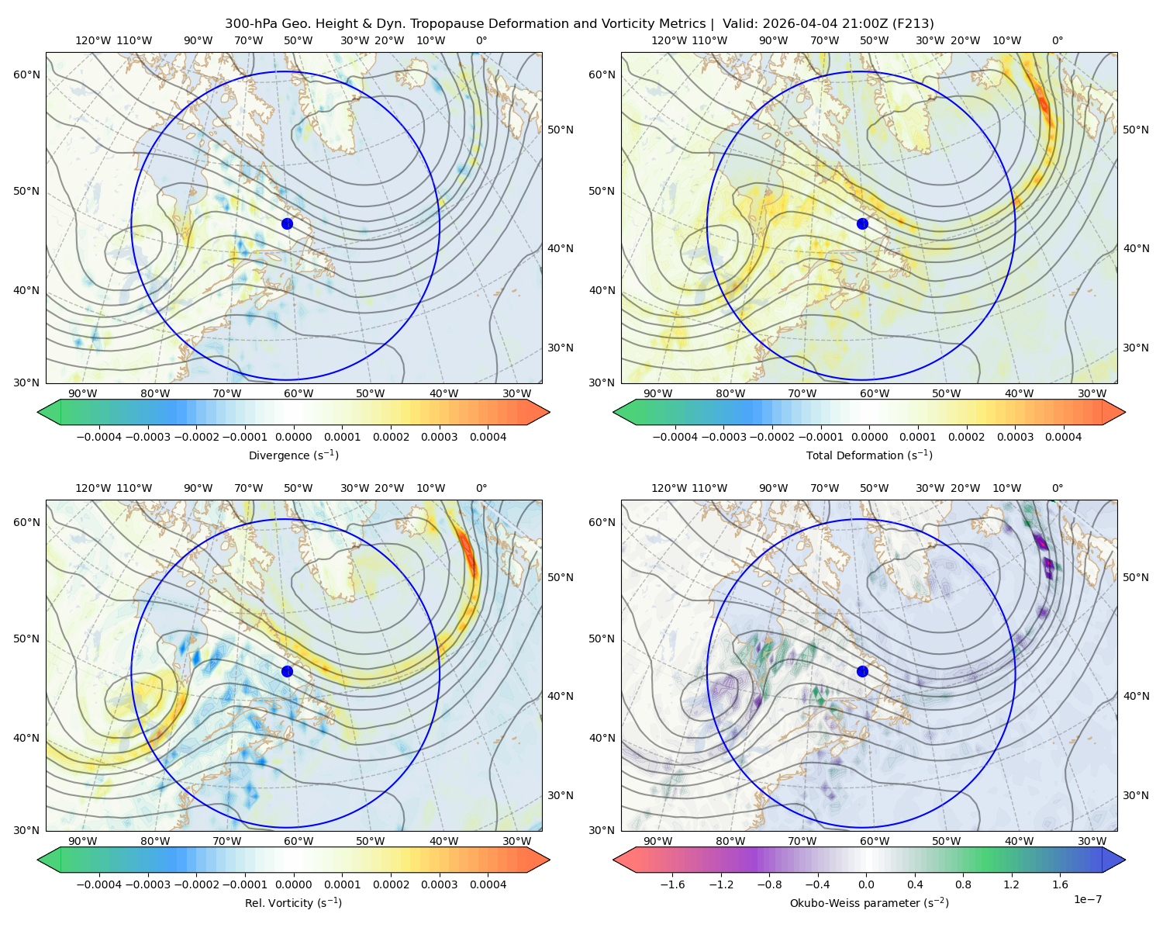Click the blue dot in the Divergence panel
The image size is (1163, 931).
287,223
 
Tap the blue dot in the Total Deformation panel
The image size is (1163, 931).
862,223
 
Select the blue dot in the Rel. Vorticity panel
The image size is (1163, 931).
287,671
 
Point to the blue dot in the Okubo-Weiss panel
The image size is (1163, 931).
862,671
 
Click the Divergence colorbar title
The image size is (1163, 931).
293,455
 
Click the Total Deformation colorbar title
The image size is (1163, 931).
869,455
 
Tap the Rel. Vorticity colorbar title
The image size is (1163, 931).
293,902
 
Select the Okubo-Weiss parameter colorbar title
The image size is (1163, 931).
869,902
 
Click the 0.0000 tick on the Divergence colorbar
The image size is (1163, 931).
293,437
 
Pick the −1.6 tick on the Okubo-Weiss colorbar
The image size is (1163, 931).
672,884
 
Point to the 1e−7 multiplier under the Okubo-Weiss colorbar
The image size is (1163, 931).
1087,899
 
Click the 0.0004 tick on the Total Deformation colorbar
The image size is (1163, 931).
1063,437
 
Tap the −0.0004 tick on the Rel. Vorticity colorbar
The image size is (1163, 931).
99,884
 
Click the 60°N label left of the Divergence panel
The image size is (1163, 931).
26,74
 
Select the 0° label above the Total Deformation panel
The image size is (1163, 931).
1057,40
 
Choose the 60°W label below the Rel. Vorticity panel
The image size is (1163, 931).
299,841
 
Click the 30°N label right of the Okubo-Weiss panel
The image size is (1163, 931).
1136,794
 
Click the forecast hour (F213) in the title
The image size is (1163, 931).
913,23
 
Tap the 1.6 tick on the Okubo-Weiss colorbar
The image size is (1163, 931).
1060,884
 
